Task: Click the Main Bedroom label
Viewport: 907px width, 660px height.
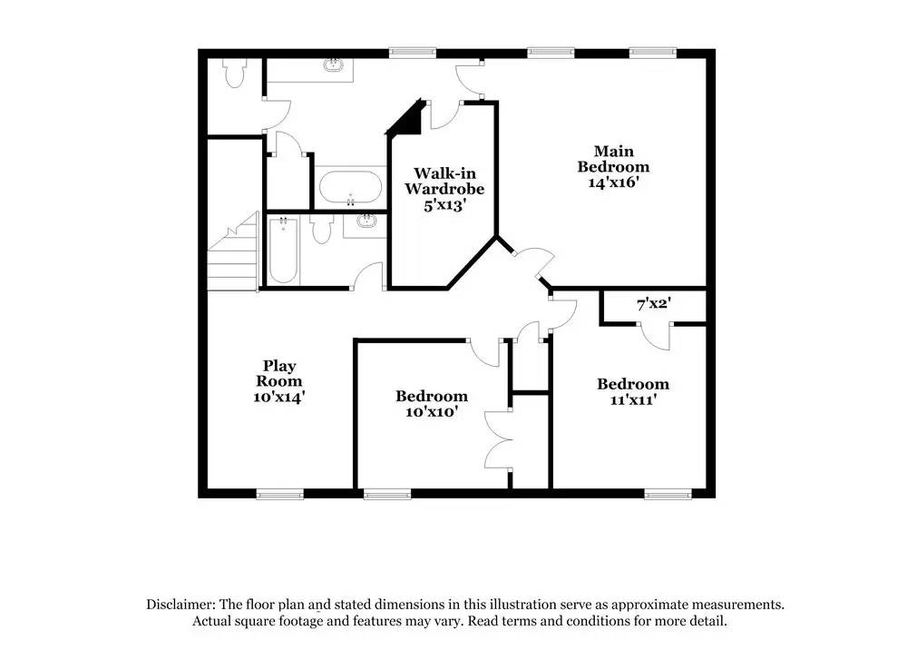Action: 613,158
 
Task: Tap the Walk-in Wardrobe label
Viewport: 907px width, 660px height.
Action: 444,181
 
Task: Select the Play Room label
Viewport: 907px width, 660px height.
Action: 278,373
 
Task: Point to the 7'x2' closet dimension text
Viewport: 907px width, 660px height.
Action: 652,304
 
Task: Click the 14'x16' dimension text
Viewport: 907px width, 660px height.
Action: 614,182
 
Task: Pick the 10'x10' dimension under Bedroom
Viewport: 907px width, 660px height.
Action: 431,411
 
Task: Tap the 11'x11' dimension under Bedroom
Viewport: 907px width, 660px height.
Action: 632,399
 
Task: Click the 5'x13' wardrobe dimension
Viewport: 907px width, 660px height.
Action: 444,205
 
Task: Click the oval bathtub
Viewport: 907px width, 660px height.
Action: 351,190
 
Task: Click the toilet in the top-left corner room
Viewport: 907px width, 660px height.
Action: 235,74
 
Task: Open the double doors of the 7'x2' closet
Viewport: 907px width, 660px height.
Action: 652,335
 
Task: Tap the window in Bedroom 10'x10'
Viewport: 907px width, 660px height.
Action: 386,494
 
